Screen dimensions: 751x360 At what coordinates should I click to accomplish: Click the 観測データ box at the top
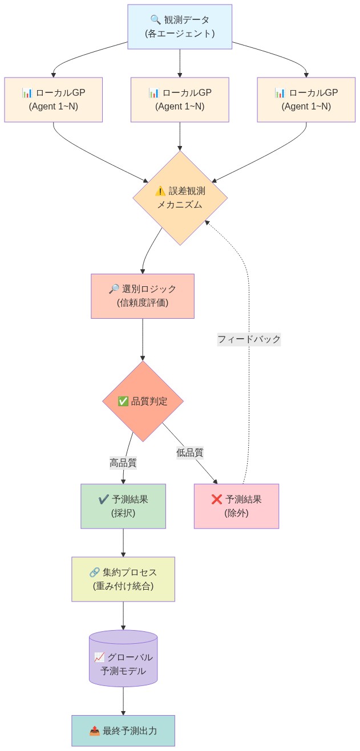coord(180,27)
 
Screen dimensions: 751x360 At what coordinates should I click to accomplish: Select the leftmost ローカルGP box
coord(53,100)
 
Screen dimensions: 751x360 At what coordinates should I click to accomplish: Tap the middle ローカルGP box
coord(180,100)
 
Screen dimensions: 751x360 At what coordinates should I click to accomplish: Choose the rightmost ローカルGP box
coord(306,100)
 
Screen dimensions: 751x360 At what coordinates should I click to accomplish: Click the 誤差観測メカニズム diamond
coord(180,198)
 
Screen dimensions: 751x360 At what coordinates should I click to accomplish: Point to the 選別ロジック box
coord(143,296)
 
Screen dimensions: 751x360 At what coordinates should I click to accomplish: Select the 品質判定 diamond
coord(143,401)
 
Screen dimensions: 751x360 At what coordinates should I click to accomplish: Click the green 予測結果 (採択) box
coord(123,506)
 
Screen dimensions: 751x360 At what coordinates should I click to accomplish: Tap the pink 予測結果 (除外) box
coord(236,506)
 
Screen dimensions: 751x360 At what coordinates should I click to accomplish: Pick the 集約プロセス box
coord(123,579)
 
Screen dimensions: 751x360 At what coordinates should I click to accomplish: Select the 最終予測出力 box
coord(123,730)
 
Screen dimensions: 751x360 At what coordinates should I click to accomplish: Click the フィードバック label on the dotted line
coord(249,339)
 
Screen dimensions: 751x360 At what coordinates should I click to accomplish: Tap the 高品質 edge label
coord(123,462)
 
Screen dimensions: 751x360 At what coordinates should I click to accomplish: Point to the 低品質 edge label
coord(190,453)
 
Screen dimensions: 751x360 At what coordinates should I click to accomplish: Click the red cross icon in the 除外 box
coord(217,500)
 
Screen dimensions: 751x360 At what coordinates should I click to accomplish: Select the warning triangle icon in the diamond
coord(160,191)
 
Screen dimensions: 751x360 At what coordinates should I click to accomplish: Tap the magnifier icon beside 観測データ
coord(156,20)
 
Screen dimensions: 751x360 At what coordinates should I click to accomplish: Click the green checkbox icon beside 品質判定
coord(123,401)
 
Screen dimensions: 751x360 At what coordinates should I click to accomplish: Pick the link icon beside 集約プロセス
coord(95,572)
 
